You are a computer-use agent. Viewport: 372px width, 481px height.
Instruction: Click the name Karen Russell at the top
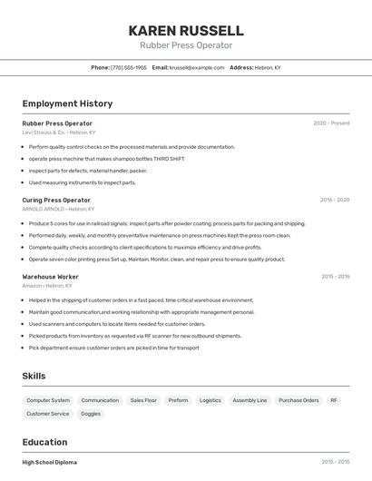(186, 30)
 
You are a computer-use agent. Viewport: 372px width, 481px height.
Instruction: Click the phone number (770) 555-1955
(128, 67)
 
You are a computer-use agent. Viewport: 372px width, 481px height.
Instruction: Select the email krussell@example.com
(196, 67)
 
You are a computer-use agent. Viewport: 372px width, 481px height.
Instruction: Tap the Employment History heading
(67, 103)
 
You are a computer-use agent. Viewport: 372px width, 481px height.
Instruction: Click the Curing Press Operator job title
(56, 200)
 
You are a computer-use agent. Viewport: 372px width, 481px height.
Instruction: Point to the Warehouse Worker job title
(50, 277)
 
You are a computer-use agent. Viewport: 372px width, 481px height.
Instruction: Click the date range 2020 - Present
(331, 123)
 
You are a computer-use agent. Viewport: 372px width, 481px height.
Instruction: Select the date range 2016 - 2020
(335, 200)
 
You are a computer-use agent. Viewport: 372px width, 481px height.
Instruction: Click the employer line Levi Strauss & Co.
(58, 133)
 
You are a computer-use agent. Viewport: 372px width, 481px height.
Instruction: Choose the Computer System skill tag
(48, 400)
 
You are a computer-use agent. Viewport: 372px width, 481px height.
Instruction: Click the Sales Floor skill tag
(143, 400)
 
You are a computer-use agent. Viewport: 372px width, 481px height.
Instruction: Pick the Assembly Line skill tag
(250, 400)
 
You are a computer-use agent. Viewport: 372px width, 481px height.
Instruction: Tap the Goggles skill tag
(91, 414)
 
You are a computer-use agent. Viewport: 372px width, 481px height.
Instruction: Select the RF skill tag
(334, 400)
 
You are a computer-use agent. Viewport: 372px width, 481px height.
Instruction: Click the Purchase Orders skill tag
(299, 400)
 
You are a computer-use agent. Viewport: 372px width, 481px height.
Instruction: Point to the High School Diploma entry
(50, 463)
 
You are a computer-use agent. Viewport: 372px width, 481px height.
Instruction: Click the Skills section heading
(34, 376)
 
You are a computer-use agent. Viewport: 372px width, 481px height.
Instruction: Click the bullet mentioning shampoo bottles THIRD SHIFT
(106, 158)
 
